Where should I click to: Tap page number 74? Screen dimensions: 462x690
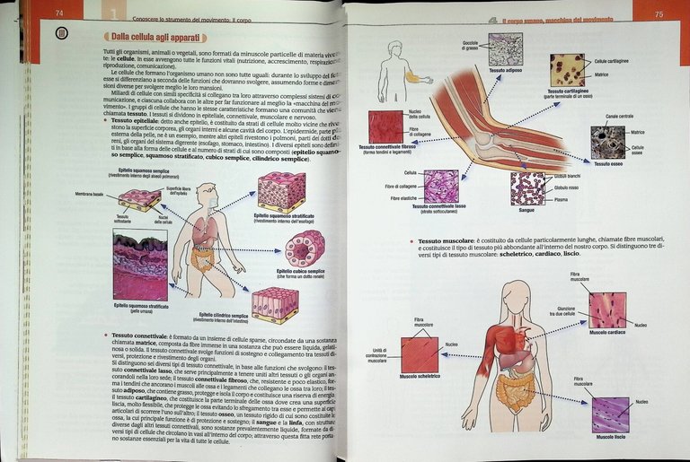click(59, 13)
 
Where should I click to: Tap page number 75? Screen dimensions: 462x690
click(659, 13)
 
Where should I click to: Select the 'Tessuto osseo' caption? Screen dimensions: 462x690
click(609, 163)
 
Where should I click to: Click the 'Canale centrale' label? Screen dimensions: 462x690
click(619, 116)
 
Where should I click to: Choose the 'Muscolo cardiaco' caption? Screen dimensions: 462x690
click(607, 331)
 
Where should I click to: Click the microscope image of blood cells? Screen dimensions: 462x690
click(526, 188)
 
